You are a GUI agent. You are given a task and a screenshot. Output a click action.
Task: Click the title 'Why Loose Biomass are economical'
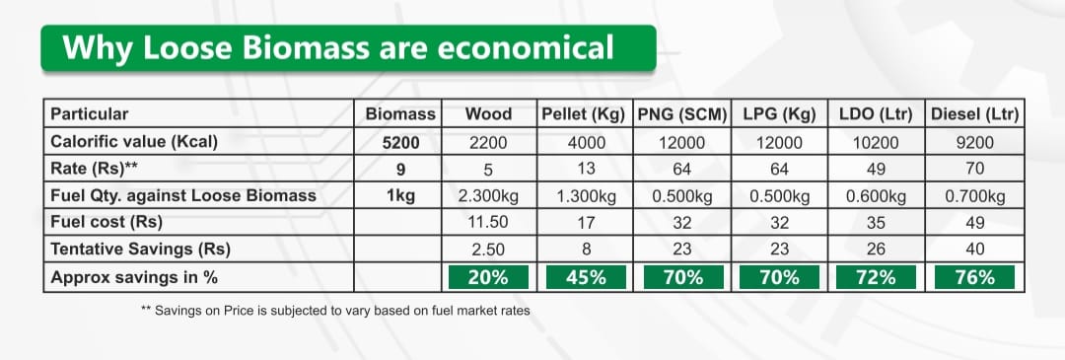(338, 47)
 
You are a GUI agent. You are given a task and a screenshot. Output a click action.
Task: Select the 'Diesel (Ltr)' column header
(974, 114)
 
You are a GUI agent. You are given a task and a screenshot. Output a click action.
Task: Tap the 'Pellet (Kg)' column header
(584, 114)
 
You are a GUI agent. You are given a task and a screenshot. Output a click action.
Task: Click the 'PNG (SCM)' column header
(682, 114)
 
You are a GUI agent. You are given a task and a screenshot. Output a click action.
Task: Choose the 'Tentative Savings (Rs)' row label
(141, 250)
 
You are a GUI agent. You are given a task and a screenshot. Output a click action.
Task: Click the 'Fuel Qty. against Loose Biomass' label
(183, 195)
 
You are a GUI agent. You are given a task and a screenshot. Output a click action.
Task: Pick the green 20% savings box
(488, 277)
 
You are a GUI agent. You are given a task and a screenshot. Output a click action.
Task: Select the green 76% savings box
(974, 277)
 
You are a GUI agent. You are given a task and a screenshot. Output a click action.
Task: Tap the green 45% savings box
(585, 277)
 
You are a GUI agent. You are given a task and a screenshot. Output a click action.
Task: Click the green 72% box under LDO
(876, 277)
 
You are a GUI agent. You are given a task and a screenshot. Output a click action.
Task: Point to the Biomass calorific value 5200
(400, 143)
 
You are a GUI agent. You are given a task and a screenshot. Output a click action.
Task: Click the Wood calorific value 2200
(488, 143)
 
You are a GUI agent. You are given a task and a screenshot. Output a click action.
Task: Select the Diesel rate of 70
(974, 169)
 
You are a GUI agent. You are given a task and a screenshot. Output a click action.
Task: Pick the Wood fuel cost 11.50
(488, 222)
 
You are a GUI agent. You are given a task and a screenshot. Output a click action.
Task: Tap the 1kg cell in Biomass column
(400, 196)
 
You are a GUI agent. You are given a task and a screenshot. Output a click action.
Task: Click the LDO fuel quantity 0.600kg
(876, 196)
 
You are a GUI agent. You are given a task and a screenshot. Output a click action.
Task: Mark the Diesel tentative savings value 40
(974, 250)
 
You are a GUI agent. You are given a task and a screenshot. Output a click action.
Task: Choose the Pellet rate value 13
(585, 169)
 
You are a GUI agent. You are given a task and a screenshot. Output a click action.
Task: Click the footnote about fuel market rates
(335, 311)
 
